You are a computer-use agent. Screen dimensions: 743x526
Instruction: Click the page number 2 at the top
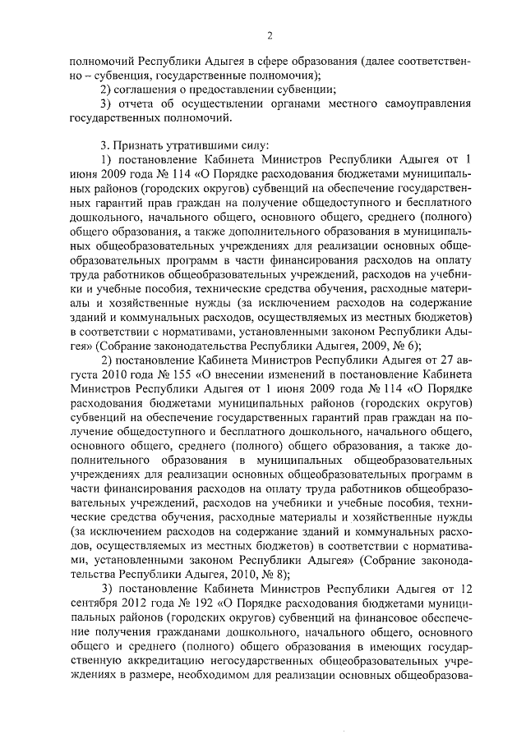(x=268, y=34)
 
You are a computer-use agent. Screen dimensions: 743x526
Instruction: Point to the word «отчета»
(x=135, y=104)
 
